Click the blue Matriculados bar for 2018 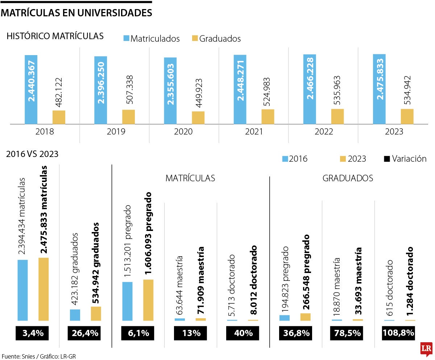31,90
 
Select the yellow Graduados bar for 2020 198,117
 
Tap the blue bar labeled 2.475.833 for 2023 379,89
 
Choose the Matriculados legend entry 152,38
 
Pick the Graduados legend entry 216,38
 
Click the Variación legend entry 405,159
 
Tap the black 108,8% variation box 398,333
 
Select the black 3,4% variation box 33,333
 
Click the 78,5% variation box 346,333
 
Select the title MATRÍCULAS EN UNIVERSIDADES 76,13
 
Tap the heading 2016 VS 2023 32,154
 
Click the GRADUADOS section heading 348,178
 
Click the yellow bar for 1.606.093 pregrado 148,300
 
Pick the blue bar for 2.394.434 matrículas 22,290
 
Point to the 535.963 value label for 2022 337,91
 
